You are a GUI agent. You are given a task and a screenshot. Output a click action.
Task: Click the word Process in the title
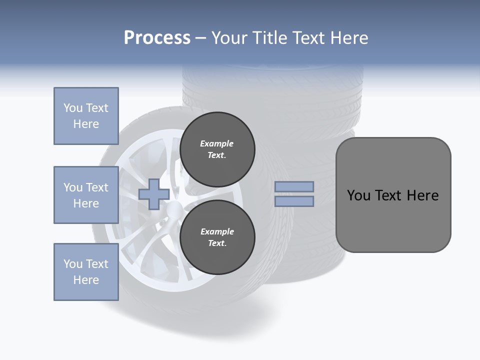157,38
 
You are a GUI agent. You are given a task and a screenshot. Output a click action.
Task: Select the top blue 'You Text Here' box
86,116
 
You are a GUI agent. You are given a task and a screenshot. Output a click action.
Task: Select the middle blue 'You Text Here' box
86,195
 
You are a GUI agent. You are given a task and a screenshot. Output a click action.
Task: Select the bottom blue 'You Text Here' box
86,272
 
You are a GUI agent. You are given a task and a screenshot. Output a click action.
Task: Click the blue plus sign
154,194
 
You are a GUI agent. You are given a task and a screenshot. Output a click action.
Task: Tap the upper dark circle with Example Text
217,149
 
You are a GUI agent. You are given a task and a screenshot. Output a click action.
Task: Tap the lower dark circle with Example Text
217,237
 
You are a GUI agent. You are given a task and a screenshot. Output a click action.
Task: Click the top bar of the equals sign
294,186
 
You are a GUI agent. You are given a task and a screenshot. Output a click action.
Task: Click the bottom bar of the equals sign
294,201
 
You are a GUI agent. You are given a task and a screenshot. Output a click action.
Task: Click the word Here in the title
348,38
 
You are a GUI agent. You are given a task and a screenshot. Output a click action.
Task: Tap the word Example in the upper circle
217,143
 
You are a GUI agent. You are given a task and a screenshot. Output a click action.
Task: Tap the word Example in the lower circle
217,231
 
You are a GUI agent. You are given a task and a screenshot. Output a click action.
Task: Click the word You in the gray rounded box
359,195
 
